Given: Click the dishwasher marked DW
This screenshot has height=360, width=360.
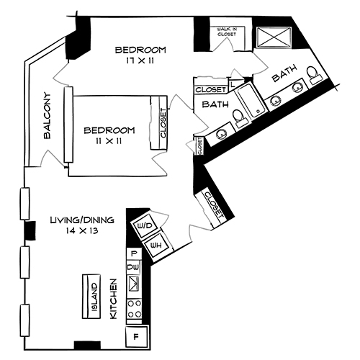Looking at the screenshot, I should (133, 267).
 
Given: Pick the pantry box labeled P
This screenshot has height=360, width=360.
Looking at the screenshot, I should (133, 254).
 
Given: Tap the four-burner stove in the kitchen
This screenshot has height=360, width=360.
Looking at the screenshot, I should (134, 310).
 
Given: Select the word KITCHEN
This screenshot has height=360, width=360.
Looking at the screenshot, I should (113, 301).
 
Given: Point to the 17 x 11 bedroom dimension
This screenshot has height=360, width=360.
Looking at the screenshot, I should (140, 62).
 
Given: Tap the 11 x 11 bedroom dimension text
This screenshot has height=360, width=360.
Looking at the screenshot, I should (109, 141).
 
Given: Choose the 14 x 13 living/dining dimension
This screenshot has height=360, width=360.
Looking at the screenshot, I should (78, 231).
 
